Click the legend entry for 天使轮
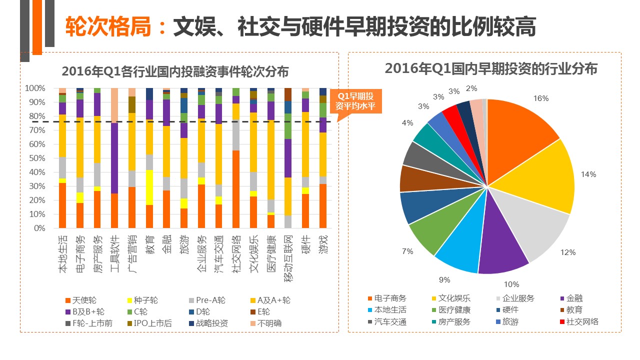[x=80, y=300]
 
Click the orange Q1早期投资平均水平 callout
[x=358, y=101]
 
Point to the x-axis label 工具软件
[x=114, y=253]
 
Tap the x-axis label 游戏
[x=323, y=245]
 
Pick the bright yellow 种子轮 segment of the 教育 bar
[x=149, y=187]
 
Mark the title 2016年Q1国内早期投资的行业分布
[x=491, y=68]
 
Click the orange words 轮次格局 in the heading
[x=108, y=27]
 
